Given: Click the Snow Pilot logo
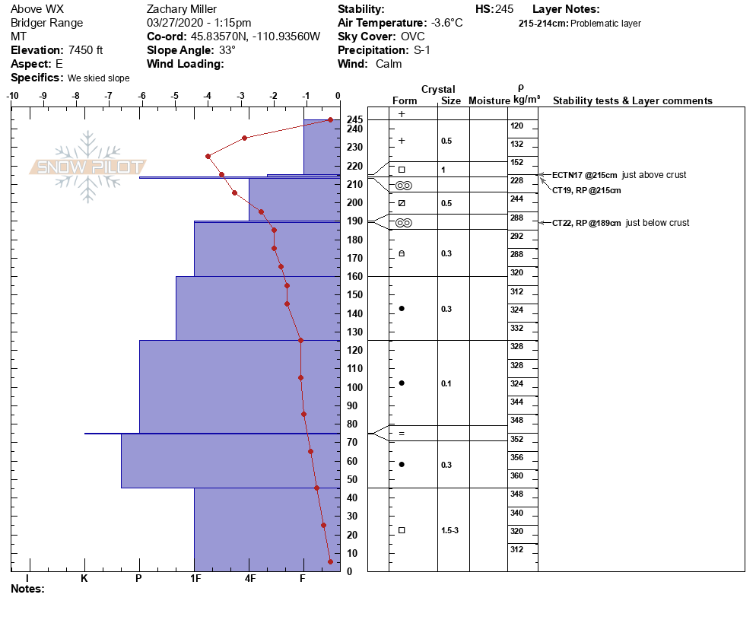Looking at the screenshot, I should pos(88,167).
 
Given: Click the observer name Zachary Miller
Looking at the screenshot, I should pos(182,9).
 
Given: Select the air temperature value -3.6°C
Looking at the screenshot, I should pos(446,23).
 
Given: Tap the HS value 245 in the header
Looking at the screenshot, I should pos(504,9).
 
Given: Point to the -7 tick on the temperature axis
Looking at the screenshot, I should pos(109,97).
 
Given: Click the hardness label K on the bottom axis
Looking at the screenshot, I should pos(84,578).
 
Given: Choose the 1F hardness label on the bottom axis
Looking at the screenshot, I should pos(195,578).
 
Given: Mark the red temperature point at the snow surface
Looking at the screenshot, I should pos(330,119).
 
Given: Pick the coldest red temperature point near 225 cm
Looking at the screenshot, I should pos(208,156).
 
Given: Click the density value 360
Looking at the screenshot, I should pos(517,475).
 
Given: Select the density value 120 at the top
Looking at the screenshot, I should pos(517,126).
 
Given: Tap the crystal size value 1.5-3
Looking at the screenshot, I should pos(450,530).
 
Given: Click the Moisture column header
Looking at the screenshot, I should pos(488,101).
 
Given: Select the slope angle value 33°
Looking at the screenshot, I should pos(227,50).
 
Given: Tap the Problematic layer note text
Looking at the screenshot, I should pos(605,24).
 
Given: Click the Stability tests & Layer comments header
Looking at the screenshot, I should pos(632,101).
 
